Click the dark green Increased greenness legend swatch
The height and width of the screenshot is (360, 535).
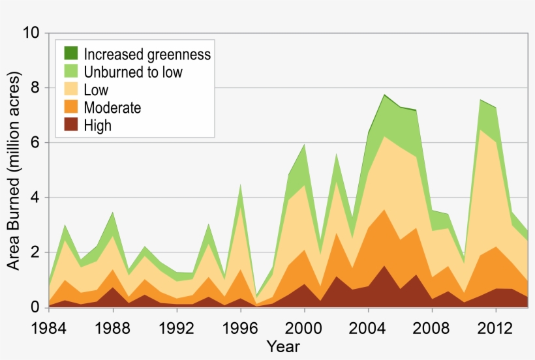70,54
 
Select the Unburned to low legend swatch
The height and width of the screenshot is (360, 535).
70,72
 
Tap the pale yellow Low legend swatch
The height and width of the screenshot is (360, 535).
70,89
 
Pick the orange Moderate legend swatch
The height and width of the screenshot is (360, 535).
70,107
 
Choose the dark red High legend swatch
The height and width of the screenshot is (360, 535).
70,125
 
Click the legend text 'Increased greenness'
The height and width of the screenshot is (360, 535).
147,54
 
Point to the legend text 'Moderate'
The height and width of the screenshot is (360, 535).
112,107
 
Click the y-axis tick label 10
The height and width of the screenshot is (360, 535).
31,33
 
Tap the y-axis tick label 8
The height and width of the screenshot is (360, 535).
36,88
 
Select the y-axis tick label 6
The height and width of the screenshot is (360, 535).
36,143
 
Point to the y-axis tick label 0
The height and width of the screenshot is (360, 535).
36,307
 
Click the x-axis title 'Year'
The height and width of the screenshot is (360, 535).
283,346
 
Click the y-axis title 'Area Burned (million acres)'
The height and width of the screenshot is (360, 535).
14,171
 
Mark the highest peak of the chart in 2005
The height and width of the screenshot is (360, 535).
384,95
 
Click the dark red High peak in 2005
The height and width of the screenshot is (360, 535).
384,266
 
